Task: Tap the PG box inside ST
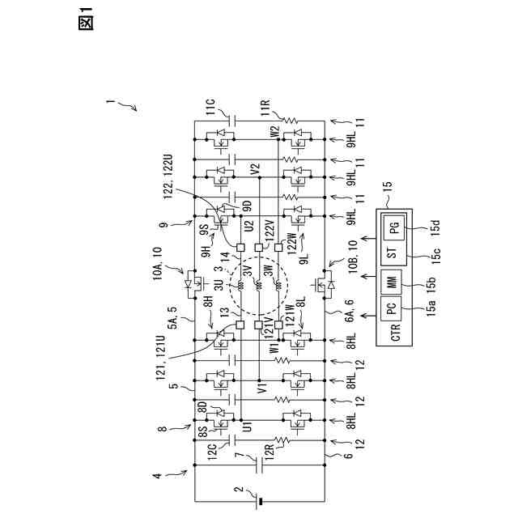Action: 394,230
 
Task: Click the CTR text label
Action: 396,333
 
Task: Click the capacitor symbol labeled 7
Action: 259,466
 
